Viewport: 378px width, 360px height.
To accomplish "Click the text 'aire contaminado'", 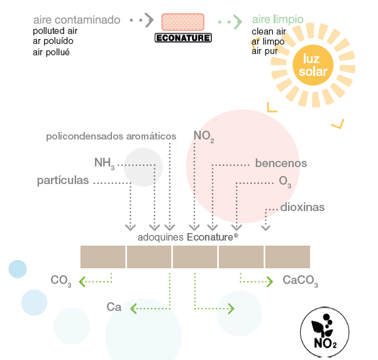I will (76, 20).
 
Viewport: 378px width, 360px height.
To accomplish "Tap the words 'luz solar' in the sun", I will (313, 65).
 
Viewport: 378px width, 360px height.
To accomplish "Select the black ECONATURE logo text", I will (183, 38).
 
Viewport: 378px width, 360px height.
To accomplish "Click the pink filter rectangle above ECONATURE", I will (183, 22).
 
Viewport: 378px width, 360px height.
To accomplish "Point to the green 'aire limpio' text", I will (277, 20).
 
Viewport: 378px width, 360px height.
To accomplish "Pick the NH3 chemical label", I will (104, 163).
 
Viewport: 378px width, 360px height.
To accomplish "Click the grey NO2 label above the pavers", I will (204, 136).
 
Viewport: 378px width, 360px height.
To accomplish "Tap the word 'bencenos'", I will (281, 163).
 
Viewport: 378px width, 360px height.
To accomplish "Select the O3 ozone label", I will (285, 182).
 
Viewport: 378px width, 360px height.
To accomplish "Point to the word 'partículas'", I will (63, 181).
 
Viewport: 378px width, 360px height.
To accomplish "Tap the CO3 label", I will (61, 281).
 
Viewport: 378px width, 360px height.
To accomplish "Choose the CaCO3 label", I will (300, 280).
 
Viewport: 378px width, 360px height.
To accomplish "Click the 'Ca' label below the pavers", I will (114, 307).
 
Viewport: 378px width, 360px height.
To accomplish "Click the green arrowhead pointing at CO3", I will (84, 281).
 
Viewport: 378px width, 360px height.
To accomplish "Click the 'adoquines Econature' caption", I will (187, 237).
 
